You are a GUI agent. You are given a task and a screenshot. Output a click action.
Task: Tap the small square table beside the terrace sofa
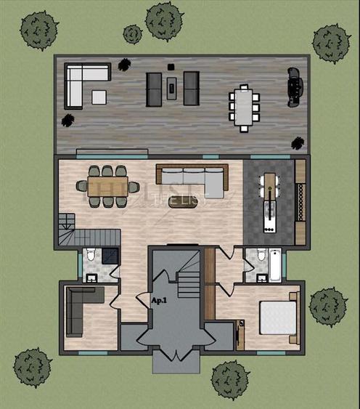[x=98, y=96]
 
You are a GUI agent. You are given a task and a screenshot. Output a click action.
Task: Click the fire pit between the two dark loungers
[x=172, y=88]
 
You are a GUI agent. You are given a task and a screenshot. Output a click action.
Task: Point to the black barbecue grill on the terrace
[x=294, y=82]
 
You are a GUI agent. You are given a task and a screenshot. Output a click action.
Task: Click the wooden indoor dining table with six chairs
[x=108, y=182]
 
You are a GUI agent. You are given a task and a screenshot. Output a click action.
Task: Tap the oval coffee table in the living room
[x=182, y=201]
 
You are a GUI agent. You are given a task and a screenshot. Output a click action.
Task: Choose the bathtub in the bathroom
[x=275, y=265]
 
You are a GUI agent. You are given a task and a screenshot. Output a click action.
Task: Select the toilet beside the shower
[x=90, y=255]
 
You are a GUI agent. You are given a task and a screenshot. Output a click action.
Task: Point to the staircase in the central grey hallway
[x=190, y=275]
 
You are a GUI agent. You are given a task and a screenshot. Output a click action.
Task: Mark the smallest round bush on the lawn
[x=132, y=33]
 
